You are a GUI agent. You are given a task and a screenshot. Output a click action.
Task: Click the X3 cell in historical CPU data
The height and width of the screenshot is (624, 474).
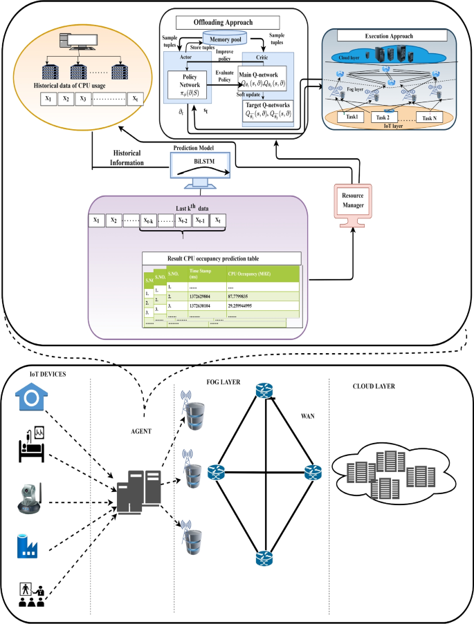(83, 99)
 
